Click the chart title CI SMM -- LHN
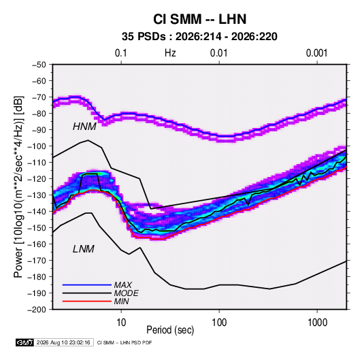pos(199,19)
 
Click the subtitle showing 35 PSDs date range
pos(199,37)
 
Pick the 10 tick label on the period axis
pos(121,323)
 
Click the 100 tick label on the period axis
pos(219,323)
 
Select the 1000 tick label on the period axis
pos(317,323)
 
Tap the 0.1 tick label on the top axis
pos(121,53)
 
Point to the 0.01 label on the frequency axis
pos(219,53)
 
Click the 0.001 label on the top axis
pos(317,53)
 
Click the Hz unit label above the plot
pos(170,53)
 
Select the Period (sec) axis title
pos(170,330)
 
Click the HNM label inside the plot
pos(84,127)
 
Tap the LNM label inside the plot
pos(84,249)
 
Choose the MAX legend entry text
pos(123,285)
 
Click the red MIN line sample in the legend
pos(87,301)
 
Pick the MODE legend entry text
pos(127,293)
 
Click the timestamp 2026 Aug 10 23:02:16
pos(63,342)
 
